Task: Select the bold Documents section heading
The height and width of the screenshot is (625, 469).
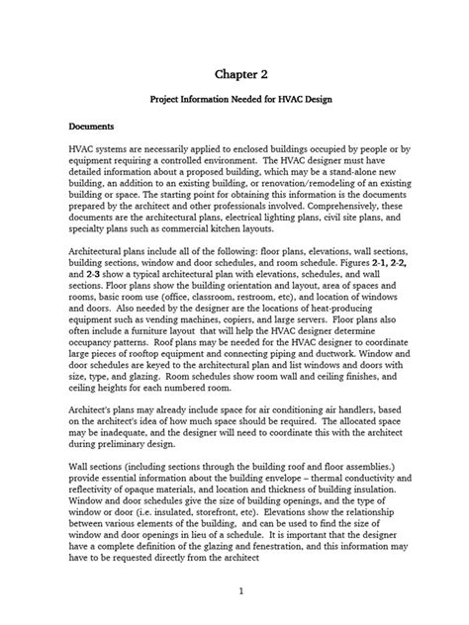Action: pyautogui.click(x=91, y=127)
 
